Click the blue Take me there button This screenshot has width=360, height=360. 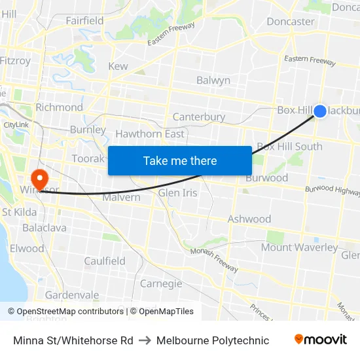coord(180,160)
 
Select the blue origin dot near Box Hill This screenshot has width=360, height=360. coord(320,111)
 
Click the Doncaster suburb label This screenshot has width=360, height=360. coord(291,21)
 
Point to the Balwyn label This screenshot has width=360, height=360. coord(213,81)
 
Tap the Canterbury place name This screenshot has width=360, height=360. coord(199,117)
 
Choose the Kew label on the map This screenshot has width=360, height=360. coord(118,66)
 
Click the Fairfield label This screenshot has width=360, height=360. coord(84,20)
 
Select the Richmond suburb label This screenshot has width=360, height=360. coord(59,107)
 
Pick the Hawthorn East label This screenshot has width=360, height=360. coord(150,134)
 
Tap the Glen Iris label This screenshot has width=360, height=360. coord(177,193)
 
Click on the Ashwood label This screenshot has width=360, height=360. coord(249,219)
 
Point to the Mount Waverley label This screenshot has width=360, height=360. coord(300,247)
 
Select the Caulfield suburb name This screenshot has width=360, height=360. coord(105,261)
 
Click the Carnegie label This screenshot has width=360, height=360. coord(161,283)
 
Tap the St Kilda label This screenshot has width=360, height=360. coord(19,212)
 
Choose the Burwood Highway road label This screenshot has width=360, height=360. coord(333,190)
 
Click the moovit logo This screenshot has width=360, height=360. coord(321,340)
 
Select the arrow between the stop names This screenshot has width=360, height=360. coord(145,340)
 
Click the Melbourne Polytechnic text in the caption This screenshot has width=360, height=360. coord(213,340)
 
